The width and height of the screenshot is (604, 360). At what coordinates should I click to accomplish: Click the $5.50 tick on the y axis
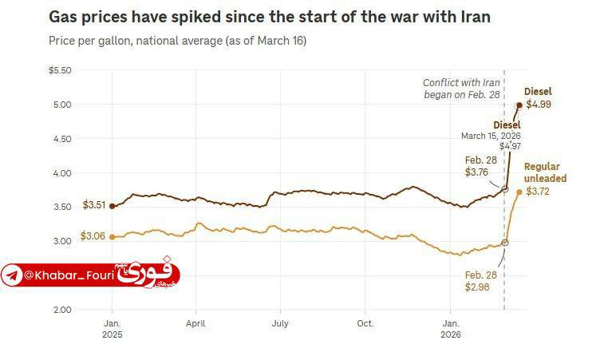pos(61,70)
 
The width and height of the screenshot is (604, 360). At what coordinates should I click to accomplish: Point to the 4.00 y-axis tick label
pos(61,173)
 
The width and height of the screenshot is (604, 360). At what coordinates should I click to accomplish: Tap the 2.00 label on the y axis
pos(61,310)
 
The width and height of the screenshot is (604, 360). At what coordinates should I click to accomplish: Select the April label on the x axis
pos(195,324)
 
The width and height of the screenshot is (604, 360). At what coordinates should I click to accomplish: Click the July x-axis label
pos(280,324)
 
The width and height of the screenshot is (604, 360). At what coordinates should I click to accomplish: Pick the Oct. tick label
pos(365,324)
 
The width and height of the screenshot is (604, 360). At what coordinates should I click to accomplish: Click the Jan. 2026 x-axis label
pos(450,329)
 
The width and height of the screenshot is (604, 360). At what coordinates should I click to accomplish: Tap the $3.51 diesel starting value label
pos(94,205)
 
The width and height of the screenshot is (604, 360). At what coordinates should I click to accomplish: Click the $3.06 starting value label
pos(93,237)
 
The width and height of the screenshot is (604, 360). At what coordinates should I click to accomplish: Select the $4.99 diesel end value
pos(538,105)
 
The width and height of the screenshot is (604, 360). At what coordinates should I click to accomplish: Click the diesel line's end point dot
pos(519,105)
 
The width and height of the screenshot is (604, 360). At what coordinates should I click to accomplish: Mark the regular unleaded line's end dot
pos(519,192)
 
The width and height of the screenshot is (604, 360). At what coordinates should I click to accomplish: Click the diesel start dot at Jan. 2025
pos(112,205)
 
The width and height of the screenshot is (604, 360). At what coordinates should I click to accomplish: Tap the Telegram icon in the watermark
pos(12,276)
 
